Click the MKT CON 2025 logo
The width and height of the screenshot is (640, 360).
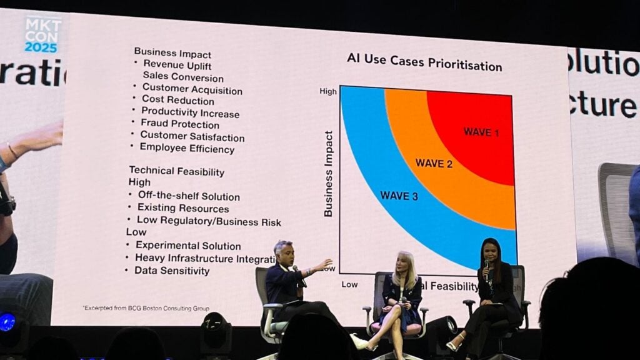tap(43, 34)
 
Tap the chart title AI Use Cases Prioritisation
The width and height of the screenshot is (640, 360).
tap(424, 65)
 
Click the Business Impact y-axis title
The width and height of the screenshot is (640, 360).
tap(329, 174)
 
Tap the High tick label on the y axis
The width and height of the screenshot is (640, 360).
tap(328, 91)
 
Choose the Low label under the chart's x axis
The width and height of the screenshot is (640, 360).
tap(349, 284)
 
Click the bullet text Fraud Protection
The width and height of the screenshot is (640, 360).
tap(179, 124)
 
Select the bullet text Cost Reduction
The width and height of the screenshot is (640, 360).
tap(177, 100)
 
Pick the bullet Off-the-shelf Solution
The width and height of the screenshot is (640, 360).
tap(188, 196)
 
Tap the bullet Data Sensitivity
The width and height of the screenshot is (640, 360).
tap(172, 271)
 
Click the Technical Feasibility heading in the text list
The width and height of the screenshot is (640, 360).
tap(176, 171)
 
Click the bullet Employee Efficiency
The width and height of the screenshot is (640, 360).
tap(187, 148)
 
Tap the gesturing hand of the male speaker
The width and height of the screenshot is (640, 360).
tap(324, 265)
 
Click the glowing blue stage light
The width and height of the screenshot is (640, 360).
tap(7, 322)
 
